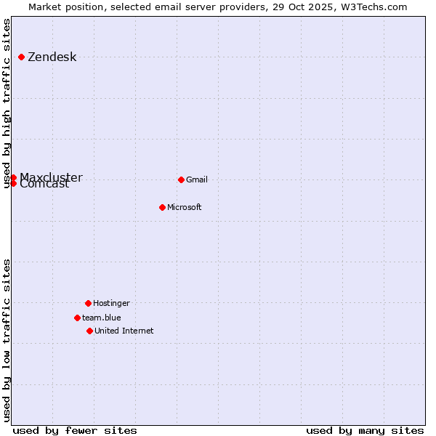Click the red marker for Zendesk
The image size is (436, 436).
(x=22, y=57)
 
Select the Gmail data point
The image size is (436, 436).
(x=181, y=179)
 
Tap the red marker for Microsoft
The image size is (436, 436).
(x=162, y=207)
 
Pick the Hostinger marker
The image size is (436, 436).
(x=88, y=303)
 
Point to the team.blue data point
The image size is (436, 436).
(x=77, y=318)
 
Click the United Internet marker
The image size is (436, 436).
(x=89, y=331)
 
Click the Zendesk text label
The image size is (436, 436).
(x=52, y=57)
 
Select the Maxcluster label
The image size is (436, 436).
(x=51, y=178)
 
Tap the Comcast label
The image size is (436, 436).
(x=45, y=185)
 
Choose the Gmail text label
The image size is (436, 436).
(x=197, y=180)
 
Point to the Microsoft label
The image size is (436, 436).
(x=185, y=208)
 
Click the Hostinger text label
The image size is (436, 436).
(x=111, y=304)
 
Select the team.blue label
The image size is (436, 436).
(x=102, y=318)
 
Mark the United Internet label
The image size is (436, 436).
(x=124, y=331)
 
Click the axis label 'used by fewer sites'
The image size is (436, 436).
(x=75, y=430)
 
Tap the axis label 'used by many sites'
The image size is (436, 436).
(x=365, y=430)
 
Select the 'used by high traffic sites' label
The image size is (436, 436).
(x=7, y=103)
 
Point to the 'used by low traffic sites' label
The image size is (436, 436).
(x=7, y=340)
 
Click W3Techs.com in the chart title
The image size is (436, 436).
(x=374, y=7)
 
